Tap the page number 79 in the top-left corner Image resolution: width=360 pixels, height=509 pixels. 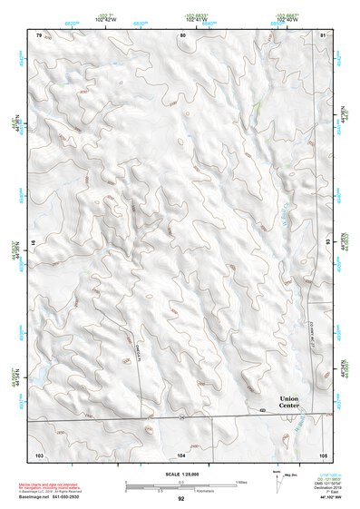pyautogui.click(x=39, y=34)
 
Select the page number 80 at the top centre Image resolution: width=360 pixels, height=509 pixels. pyautogui.click(x=182, y=34)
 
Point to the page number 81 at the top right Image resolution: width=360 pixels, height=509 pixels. pyautogui.click(x=323, y=34)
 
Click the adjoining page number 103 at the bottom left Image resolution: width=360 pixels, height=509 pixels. pyautogui.click(x=39, y=453)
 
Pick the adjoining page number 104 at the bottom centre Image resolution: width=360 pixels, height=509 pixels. pyautogui.click(x=181, y=453)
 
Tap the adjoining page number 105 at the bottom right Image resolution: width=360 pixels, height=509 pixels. pyautogui.click(x=323, y=453)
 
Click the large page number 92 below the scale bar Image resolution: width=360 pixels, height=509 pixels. pyautogui.click(x=181, y=498)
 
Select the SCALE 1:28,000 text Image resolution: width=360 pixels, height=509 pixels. pyautogui.click(x=180, y=472)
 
